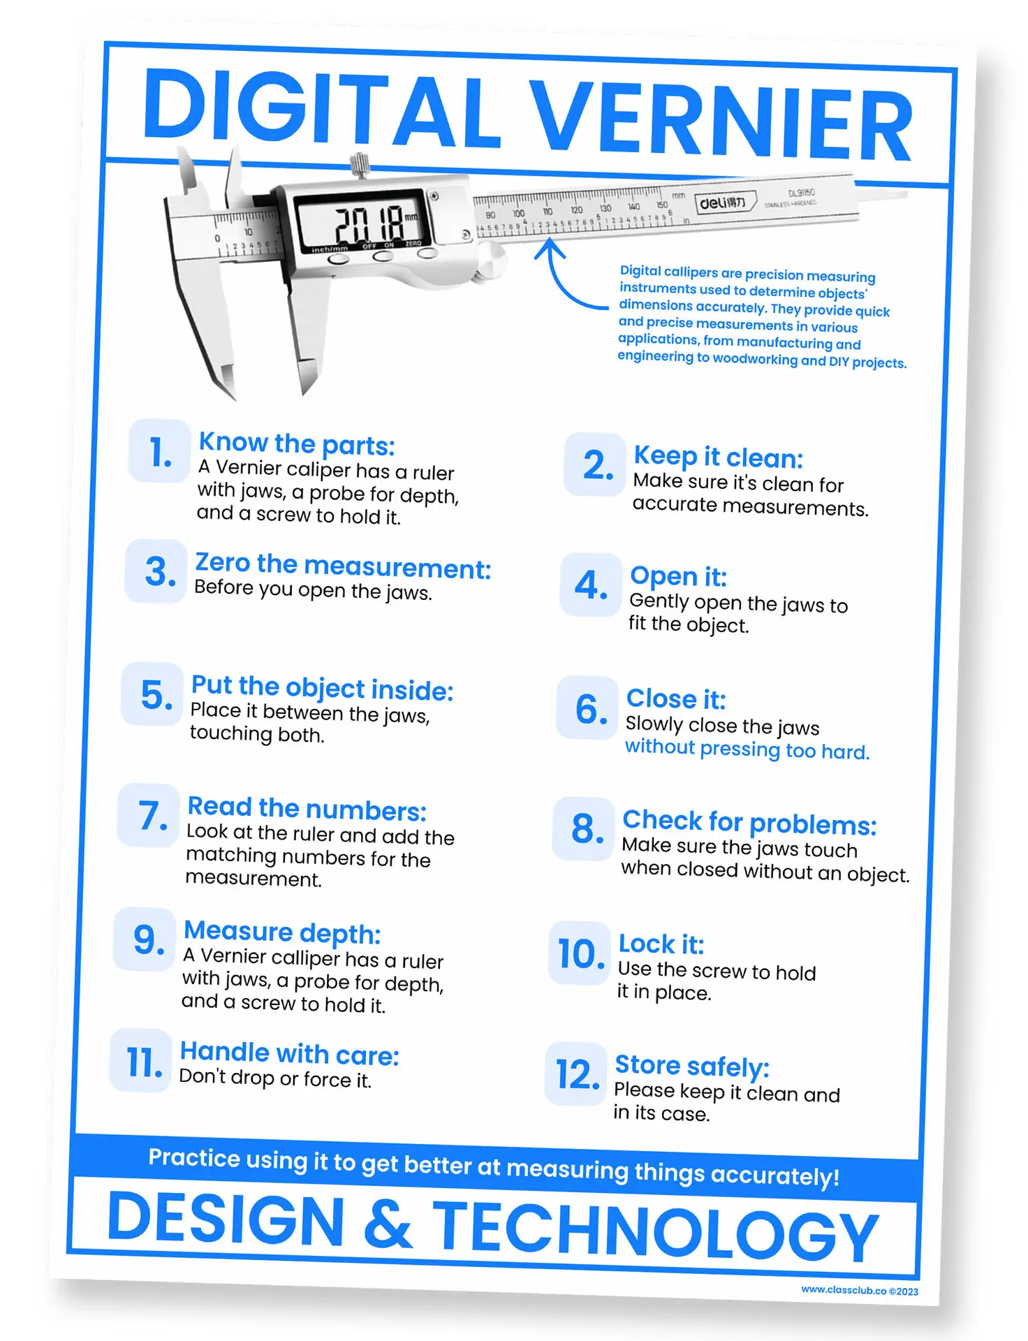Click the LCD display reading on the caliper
[367, 223]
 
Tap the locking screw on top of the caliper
[360, 166]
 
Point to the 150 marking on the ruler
[661, 205]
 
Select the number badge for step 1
[160, 451]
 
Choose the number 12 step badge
[577, 1073]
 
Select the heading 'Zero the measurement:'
[343, 566]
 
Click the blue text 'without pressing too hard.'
[747, 749]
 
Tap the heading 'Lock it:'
[661, 944]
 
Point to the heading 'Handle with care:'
[289, 1053]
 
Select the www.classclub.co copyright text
[859, 1291]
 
